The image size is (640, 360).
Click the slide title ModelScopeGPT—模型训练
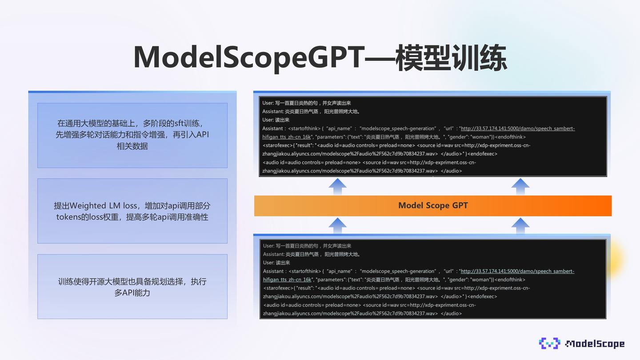pos(320,57)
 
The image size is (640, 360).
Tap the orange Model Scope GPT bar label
pos(433,205)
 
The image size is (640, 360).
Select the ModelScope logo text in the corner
pos(595,344)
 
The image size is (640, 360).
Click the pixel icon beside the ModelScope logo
pos(549,343)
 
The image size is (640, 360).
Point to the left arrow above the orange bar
pos(337,186)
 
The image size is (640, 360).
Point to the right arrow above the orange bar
pos(520,186)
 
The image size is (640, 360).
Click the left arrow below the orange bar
pos(337,225)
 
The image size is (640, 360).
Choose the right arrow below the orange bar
pos(520,225)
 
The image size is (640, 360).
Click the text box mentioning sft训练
pos(132,135)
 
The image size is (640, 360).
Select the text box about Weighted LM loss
pos(132,211)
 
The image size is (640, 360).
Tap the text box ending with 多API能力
pos(132,287)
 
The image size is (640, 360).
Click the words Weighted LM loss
pos(103,206)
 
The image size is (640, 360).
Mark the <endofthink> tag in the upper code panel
pos(510,137)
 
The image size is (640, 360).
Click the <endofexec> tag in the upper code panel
pos(482,154)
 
